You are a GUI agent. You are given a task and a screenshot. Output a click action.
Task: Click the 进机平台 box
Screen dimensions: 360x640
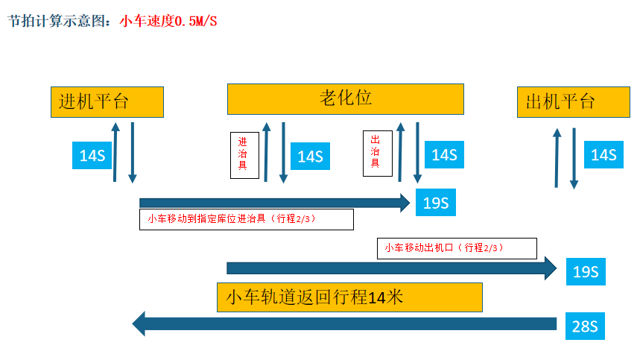coord(107,101)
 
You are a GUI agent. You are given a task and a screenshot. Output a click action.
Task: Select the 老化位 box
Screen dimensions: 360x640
coord(345,98)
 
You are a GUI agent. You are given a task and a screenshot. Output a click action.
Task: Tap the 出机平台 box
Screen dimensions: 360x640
coord(568,102)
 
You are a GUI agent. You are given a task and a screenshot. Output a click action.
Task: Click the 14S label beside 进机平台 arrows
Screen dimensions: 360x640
coord(92,156)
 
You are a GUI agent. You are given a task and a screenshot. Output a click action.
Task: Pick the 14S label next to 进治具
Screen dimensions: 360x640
coord(310,157)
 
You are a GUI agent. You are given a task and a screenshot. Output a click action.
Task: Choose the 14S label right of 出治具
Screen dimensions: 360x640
coord(444,155)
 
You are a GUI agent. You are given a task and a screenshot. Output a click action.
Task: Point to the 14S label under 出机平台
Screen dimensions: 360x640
coord(603,155)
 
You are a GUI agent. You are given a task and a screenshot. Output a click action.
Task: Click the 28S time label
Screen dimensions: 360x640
coord(585,326)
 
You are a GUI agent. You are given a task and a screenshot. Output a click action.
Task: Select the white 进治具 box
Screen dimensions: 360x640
coord(244,155)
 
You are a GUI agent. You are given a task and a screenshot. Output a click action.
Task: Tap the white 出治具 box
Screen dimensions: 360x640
coord(377,154)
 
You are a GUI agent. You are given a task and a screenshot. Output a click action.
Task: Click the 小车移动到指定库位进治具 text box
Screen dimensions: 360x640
coord(246,219)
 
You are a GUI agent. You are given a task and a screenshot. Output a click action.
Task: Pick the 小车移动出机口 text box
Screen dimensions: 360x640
coord(457,248)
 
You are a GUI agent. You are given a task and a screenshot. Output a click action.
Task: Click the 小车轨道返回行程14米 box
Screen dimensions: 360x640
coord(349,297)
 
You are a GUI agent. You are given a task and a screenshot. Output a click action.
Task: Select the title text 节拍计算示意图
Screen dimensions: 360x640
coord(61,22)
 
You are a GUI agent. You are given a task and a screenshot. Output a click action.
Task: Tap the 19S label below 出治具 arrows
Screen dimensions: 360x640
coord(436,203)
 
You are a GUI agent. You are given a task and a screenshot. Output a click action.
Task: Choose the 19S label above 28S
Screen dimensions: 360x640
coord(585,272)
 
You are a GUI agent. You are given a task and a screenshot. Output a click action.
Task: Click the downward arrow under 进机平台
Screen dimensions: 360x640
coord(133,152)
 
